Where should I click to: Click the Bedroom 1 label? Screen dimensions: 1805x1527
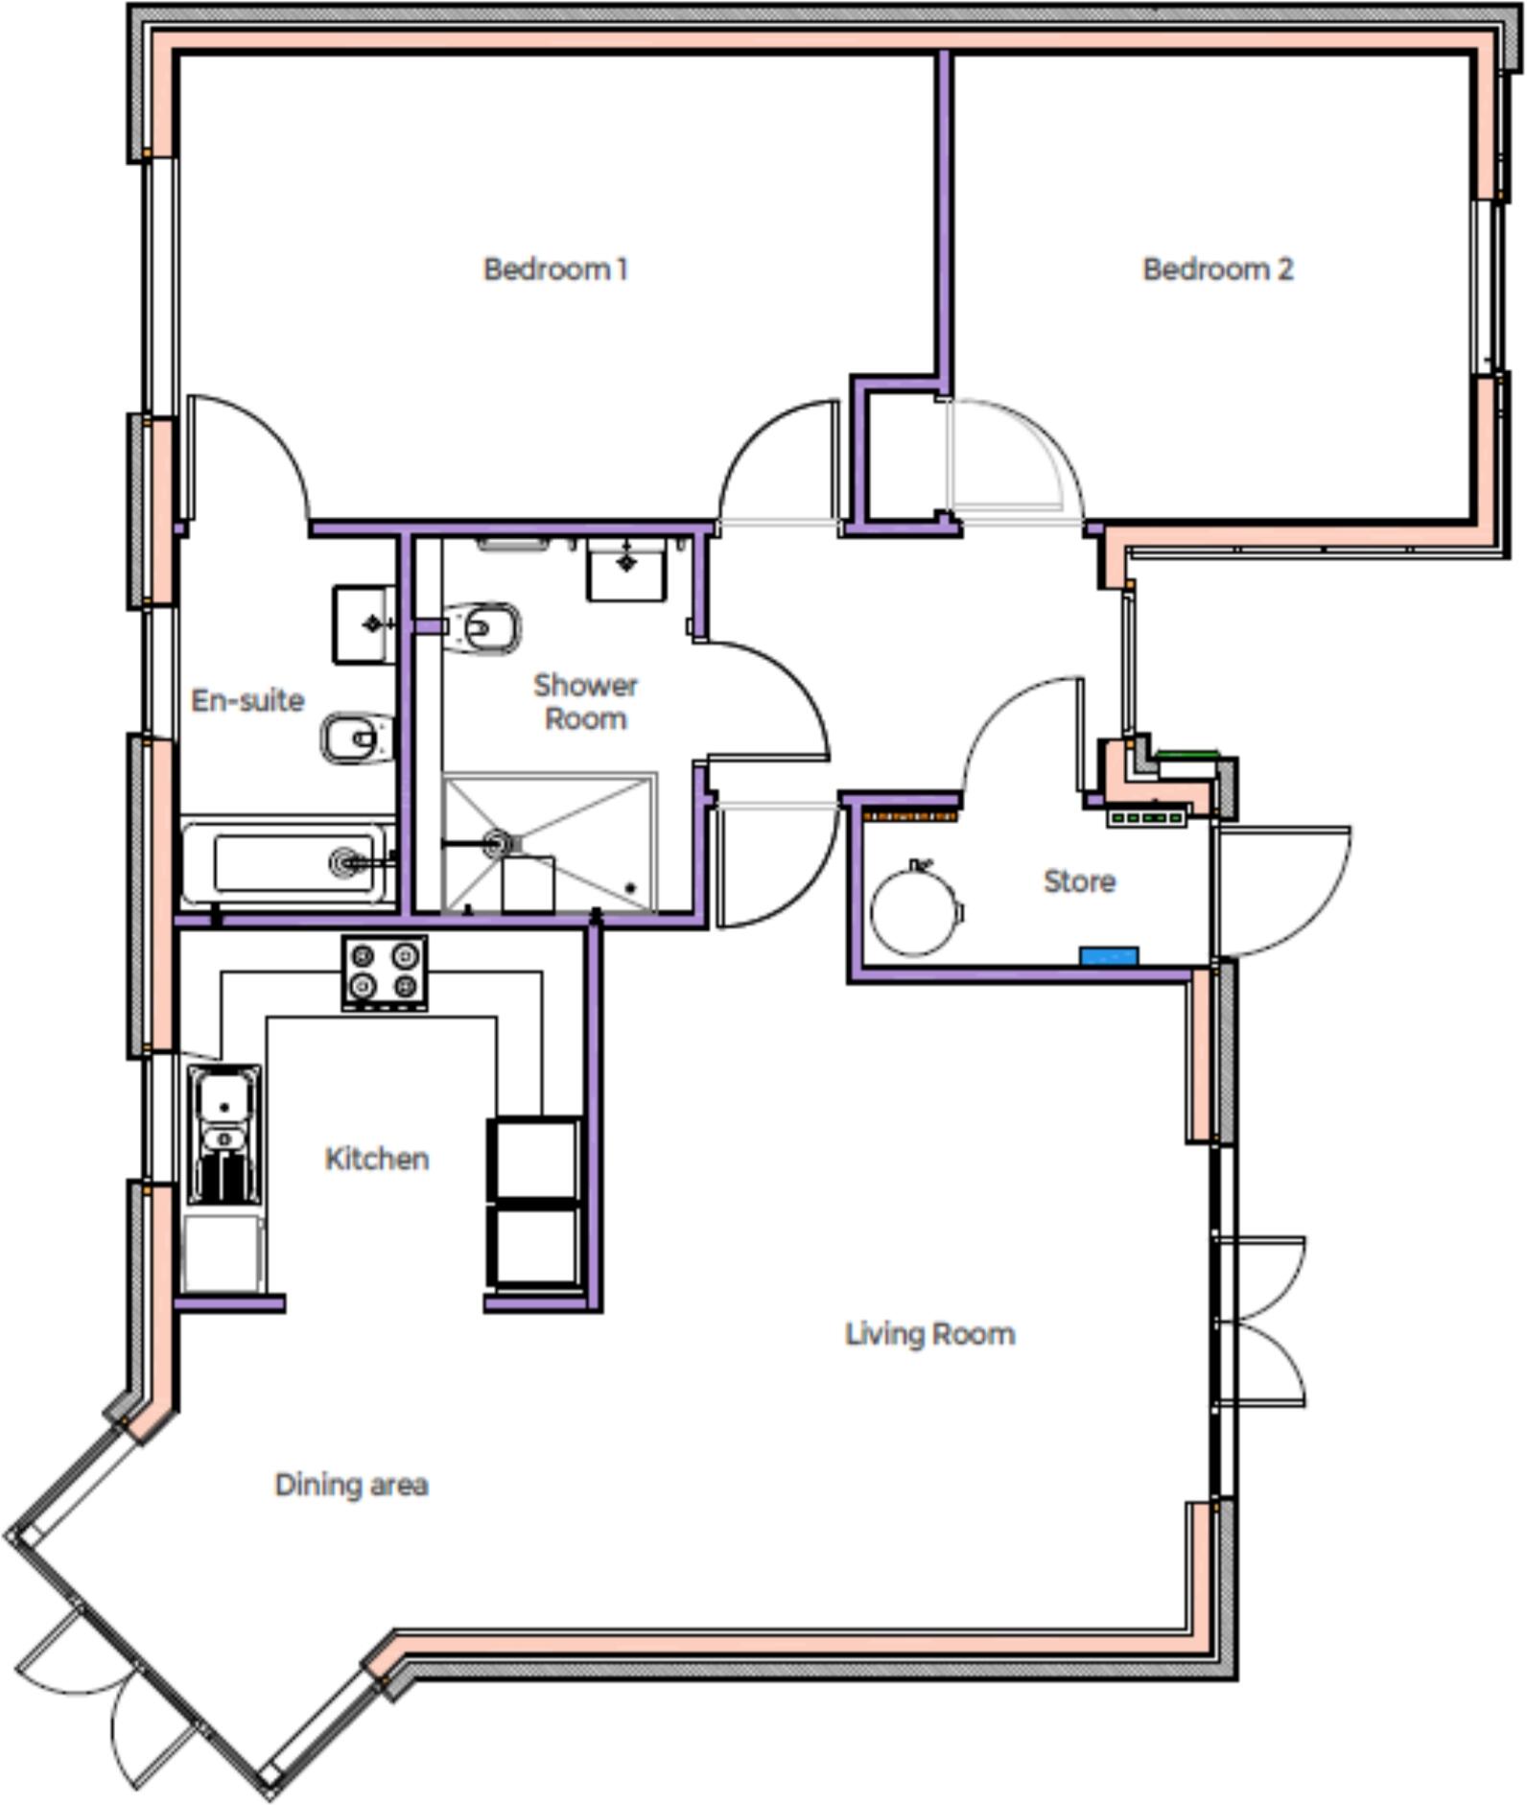click(555, 270)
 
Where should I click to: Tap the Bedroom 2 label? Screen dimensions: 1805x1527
click(1217, 270)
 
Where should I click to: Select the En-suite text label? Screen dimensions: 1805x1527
click(247, 700)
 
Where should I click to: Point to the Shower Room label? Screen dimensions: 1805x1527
click(585, 702)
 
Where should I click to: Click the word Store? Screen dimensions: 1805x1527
click(1079, 881)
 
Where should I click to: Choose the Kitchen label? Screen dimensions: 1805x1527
click(377, 1159)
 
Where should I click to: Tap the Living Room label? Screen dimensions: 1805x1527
click(929, 1334)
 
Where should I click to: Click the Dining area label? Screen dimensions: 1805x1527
click(351, 1485)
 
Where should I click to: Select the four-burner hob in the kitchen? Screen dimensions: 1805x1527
click(385, 971)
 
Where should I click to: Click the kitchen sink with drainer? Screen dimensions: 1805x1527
click(224, 1133)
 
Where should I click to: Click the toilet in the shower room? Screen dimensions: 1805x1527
click(484, 629)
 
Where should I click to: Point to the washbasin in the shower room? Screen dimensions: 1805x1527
click(626, 568)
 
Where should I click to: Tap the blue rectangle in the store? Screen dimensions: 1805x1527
click(1109, 955)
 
